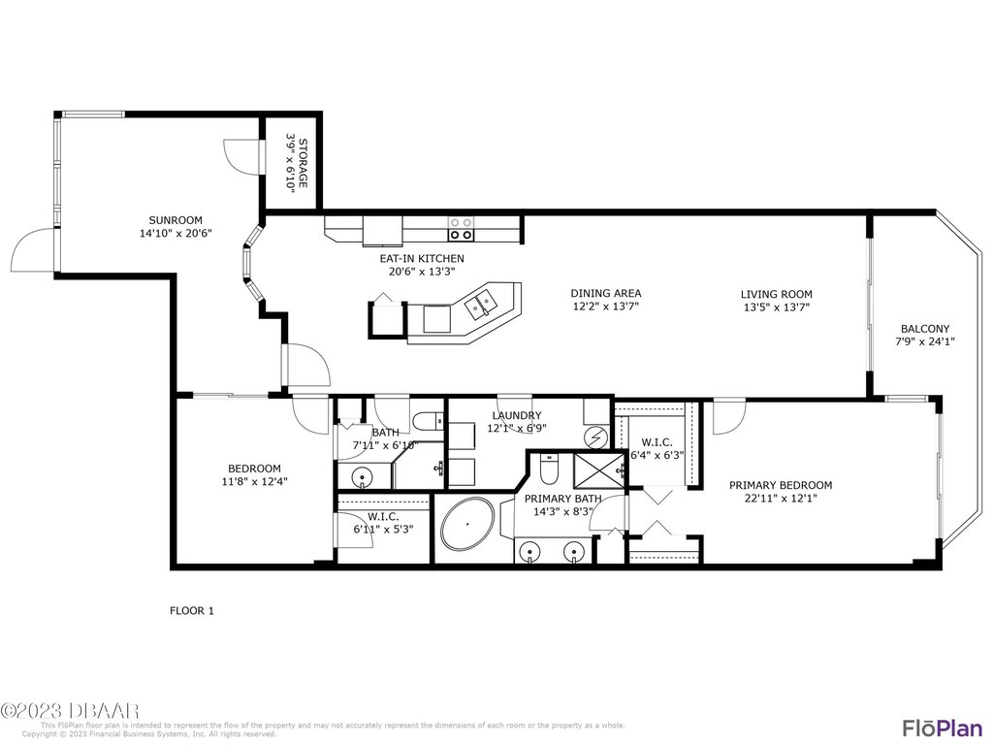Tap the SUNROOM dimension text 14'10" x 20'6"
(175, 233)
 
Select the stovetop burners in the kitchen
(462, 228)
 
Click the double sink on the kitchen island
(482, 305)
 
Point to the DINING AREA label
(605, 293)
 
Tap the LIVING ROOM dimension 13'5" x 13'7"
(776, 307)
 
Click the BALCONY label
(925, 328)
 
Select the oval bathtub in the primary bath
(466, 528)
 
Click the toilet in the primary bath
(550, 470)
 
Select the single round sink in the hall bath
(362, 476)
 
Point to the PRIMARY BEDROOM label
(781, 485)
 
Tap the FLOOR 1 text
(192, 611)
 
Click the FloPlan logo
(937, 728)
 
